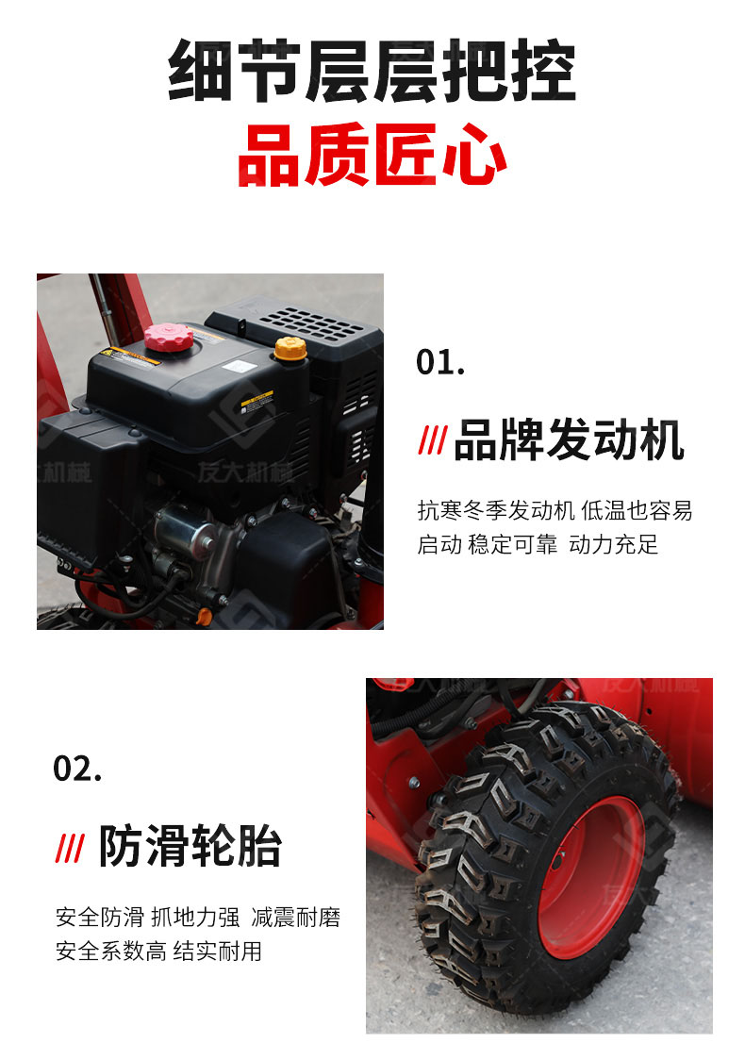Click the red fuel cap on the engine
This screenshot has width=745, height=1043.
coord(169,338)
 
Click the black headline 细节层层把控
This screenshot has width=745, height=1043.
coord(372,71)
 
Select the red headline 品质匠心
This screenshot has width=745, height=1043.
coord(372,155)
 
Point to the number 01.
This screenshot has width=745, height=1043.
coord(440,362)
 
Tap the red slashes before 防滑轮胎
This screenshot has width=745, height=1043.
coord(70,848)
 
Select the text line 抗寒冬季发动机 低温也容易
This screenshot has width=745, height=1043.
coord(555,511)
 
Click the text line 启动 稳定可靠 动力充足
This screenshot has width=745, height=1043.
coord(538,544)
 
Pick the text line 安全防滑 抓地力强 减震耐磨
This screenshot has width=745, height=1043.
coord(198,918)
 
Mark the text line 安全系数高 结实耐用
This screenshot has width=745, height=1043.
coord(159,951)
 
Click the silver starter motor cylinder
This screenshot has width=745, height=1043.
coord(183,529)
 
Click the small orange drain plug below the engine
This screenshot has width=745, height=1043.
coord(205,617)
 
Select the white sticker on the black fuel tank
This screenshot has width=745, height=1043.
coord(236,366)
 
